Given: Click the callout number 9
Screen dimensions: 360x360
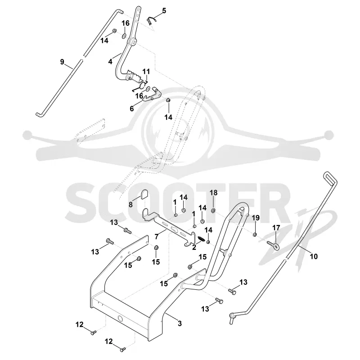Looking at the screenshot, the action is (x=62, y=62).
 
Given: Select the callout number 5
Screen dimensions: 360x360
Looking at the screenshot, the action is (x=164, y=10).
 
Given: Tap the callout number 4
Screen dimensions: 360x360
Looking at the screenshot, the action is (x=110, y=62).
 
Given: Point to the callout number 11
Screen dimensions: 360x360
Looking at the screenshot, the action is (x=146, y=72).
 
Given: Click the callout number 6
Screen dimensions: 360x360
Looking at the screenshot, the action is (x=132, y=108).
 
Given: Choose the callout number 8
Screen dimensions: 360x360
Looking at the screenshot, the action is (x=130, y=204).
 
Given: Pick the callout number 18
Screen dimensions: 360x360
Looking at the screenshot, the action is (x=213, y=193).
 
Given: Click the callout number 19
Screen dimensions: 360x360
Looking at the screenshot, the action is (x=256, y=218).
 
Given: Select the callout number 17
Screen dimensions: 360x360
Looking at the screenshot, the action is (x=276, y=228).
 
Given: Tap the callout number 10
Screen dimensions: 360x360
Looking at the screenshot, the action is (x=314, y=256).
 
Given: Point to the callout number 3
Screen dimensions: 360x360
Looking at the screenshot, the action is (x=180, y=323).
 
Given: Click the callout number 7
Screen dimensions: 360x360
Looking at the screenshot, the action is (x=157, y=236).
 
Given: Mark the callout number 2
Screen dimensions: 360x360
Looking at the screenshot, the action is (x=194, y=247).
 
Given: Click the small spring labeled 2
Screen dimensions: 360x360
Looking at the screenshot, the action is (x=201, y=239).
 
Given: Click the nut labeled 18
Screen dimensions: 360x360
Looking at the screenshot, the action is (x=213, y=210).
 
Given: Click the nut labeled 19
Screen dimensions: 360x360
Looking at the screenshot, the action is (x=255, y=234).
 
